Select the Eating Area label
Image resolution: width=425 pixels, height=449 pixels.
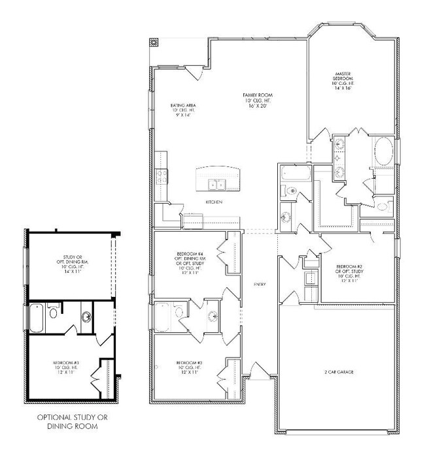click(184, 105)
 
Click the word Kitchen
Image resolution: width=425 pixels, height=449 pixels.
click(214, 203)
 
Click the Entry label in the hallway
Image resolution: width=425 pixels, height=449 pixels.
click(259, 284)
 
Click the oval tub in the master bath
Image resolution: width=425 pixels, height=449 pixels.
click(384, 151)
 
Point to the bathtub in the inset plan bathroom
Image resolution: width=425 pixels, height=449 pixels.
click(37, 319)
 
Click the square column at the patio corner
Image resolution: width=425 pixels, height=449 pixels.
click(154, 44)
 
